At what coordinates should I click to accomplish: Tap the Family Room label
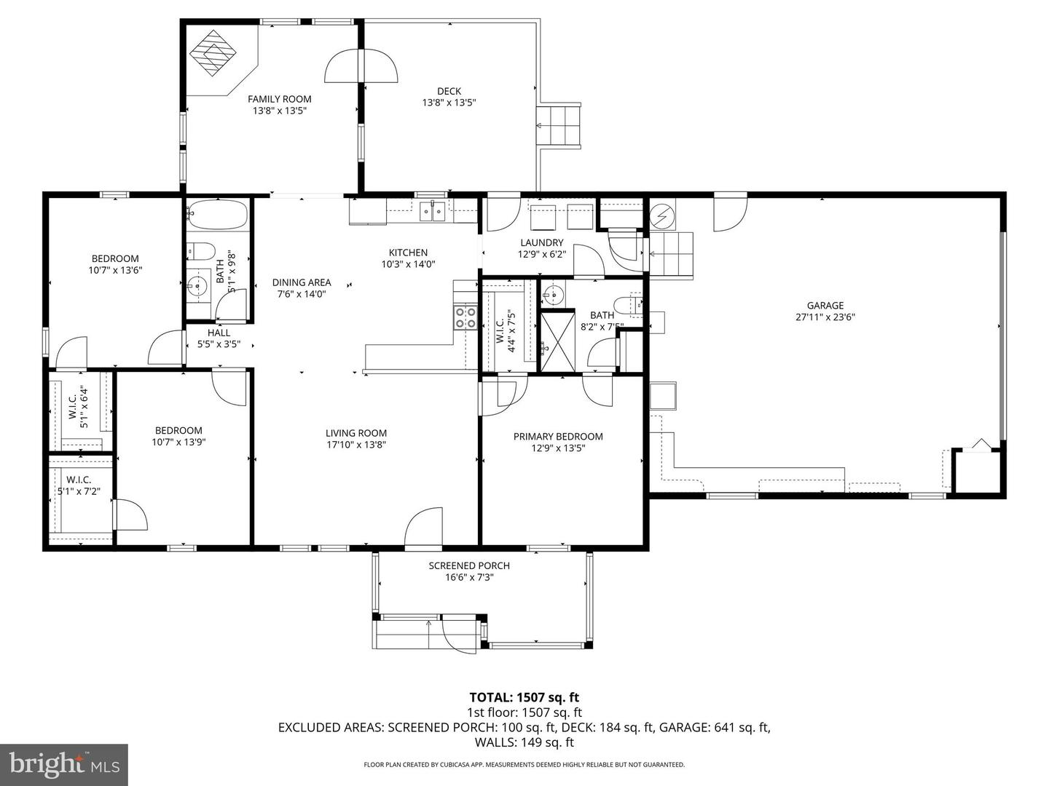[x=279, y=99]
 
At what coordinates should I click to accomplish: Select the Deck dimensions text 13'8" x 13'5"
[x=449, y=103]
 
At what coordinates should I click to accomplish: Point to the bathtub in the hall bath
[x=218, y=215]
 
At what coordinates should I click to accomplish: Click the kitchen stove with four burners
[x=465, y=318]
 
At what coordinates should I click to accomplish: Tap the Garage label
[x=825, y=306]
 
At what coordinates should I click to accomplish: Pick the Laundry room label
[x=541, y=243]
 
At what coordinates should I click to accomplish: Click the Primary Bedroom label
[x=558, y=437]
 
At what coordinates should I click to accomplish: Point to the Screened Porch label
[x=468, y=565]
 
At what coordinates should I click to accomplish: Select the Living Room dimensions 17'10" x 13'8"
[x=355, y=445]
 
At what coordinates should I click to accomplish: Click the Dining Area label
[x=302, y=282]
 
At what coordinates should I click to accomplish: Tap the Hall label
[x=219, y=333]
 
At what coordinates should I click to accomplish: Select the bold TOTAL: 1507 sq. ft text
[x=524, y=698]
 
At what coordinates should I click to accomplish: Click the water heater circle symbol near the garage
[x=663, y=215]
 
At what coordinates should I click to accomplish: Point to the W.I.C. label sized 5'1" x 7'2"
[x=79, y=480]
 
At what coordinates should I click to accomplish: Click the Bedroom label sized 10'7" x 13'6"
[x=114, y=258]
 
